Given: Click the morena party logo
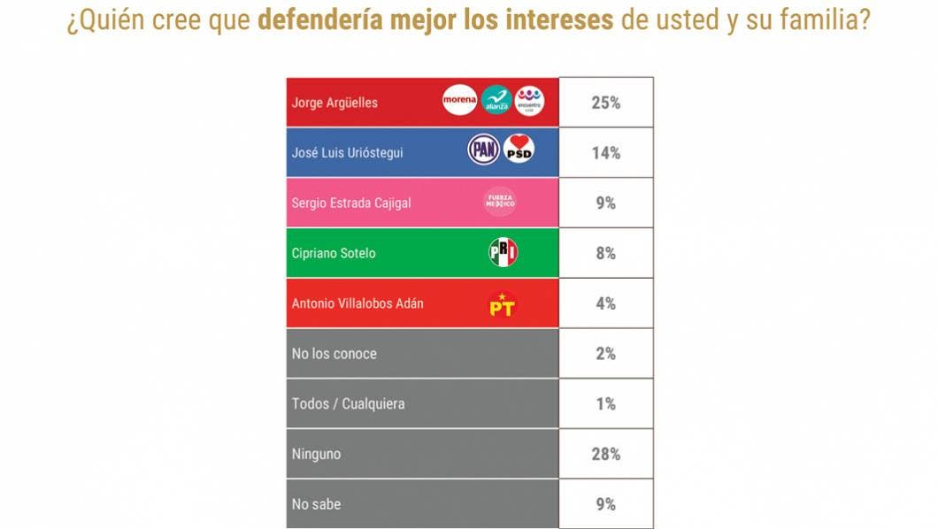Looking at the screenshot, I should [x=460, y=101].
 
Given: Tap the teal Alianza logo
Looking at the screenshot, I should [x=496, y=101].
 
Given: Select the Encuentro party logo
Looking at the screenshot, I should [x=529, y=101].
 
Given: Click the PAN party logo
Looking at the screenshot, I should [x=484, y=150].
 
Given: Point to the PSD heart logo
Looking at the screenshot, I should [x=519, y=150].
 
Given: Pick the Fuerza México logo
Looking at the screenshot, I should [x=499, y=202].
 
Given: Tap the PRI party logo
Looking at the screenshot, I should [x=503, y=253].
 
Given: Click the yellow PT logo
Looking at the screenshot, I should [x=502, y=304].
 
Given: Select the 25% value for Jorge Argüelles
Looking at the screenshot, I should [x=606, y=103].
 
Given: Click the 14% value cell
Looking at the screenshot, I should [x=606, y=153].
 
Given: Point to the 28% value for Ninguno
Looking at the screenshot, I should [x=606, y=455].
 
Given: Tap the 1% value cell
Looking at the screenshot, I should [x=606, y=404].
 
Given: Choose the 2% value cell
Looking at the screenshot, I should [x=606, y=354].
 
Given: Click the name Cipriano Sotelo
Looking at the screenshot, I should [x=334, y=253].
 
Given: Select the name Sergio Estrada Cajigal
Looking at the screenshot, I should [x=351, y=203].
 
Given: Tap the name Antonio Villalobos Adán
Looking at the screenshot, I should [x=358, y=303].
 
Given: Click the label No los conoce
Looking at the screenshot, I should [x=334, y=354].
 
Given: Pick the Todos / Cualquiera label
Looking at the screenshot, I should [x=348, y=404].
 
